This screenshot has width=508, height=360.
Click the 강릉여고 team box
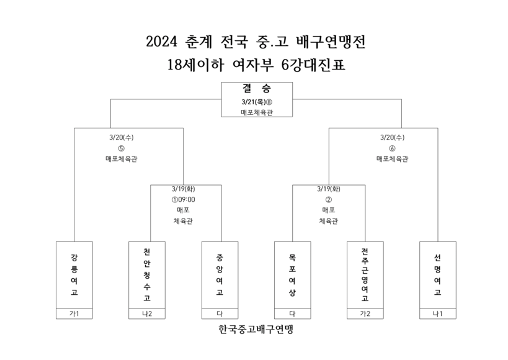[x=74, y=275]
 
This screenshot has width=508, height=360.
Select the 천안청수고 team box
[x=147, y=275]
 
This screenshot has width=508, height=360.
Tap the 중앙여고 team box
[x=220, y=275]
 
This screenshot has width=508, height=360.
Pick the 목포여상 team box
[x=292, y=275]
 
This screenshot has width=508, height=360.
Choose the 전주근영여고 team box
[x=365, y=275]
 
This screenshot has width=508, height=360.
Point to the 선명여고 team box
[x=438, y=275]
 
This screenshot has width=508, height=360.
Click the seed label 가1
[x=74, y=313]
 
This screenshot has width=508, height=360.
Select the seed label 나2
[x=147, y=313]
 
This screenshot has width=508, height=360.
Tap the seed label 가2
[x=365, y=313]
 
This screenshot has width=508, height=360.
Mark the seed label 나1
[x=438, y=313]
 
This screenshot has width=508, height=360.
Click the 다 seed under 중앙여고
[x=220, y=313]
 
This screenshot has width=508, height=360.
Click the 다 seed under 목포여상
[x=292, y=313]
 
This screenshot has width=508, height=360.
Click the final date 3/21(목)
[x=253, y=102]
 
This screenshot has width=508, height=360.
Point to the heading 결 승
[x=257, y=88]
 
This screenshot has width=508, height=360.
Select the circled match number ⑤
[x=121, y=148]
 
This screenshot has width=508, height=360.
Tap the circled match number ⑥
[x=392, y=148]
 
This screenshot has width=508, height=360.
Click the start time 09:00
[x=187, y=199]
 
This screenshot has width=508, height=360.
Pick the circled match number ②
[x=329, y=199]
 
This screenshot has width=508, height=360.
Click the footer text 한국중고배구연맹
[x=256, y=330]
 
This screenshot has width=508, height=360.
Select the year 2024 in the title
[x=162, y=42]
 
